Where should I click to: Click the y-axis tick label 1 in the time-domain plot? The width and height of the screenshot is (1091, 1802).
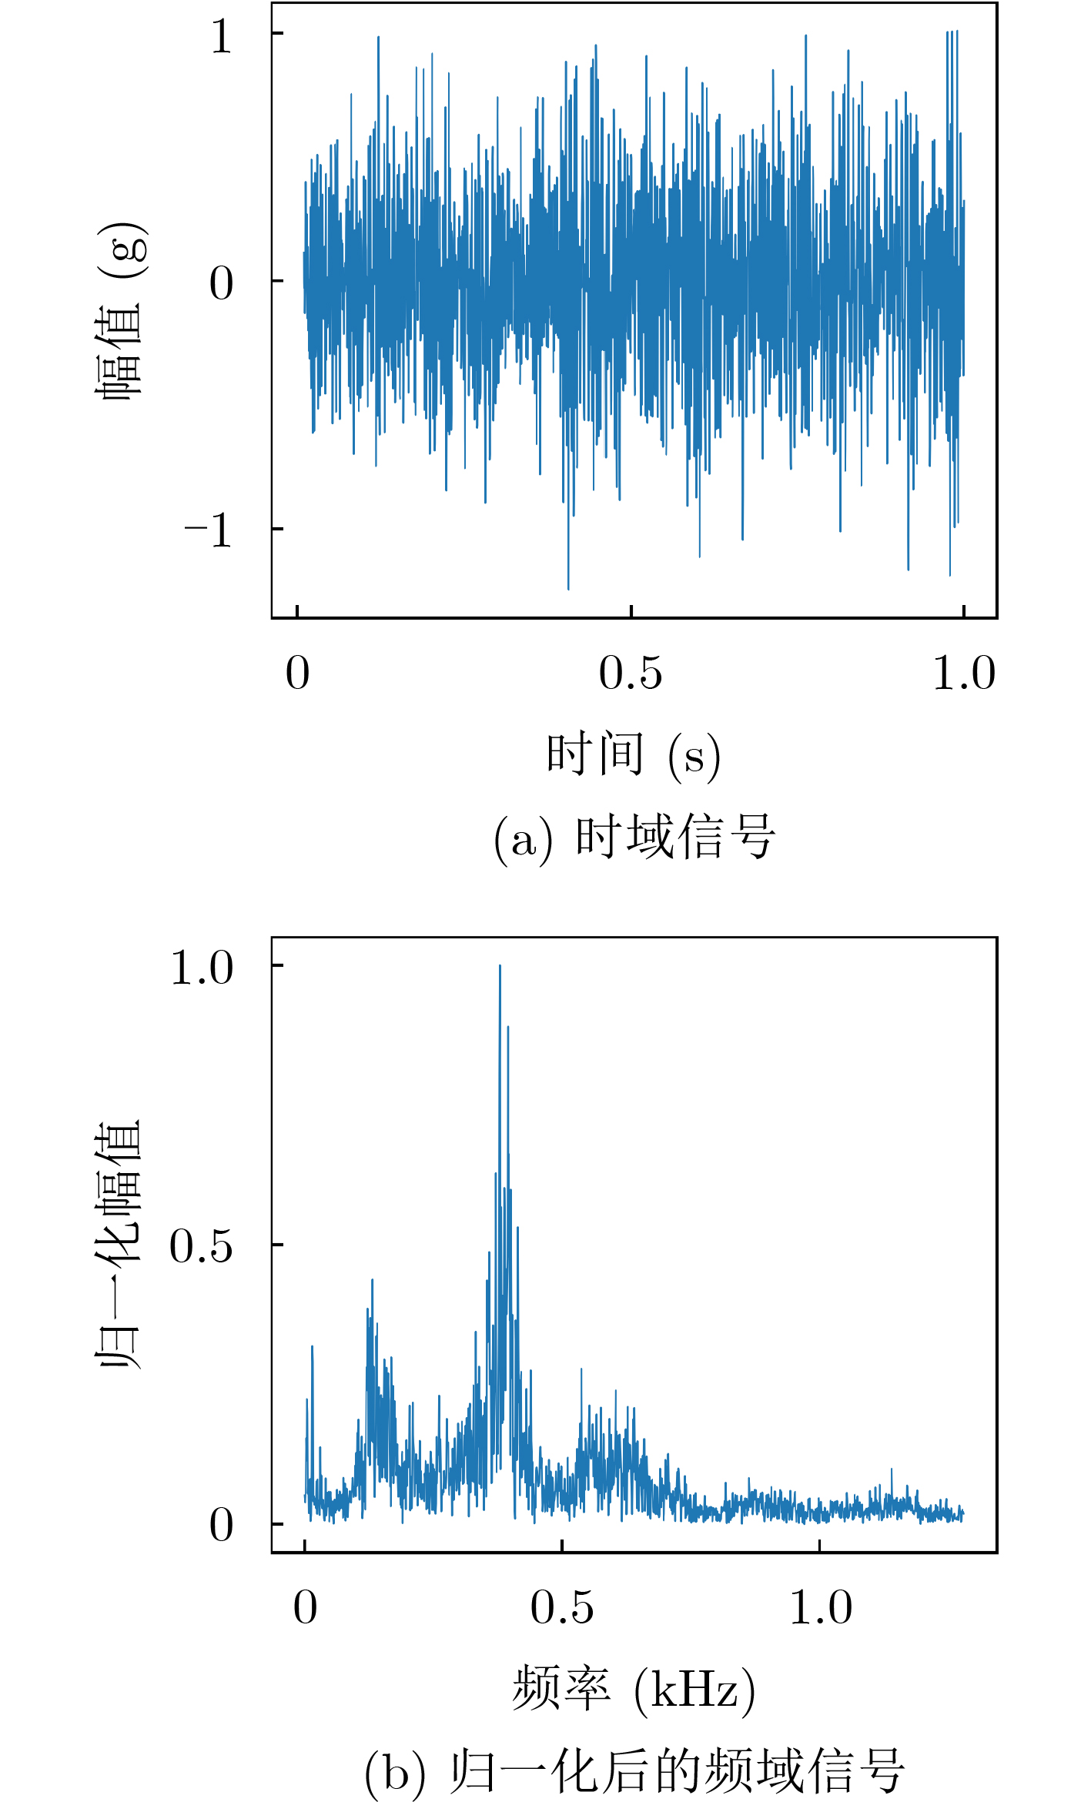click(221, 35)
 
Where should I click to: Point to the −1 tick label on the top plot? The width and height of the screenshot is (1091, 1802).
click(209, 530)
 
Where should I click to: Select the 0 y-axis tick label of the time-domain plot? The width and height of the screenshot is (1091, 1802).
click(221, 283)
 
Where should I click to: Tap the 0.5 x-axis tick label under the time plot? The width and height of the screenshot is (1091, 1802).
click(630, 674)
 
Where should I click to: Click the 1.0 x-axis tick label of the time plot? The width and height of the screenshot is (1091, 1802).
click(963, 674)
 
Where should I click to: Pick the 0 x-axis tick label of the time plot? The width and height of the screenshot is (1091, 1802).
click(297, 674)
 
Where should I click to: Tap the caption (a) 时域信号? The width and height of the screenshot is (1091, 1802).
click(633, 837)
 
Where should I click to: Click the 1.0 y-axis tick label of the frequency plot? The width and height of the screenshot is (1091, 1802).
click(201, 968)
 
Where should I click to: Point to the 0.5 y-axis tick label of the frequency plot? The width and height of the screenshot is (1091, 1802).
click(201, 1246)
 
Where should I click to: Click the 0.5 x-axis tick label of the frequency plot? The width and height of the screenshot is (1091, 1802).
click(561, 1608)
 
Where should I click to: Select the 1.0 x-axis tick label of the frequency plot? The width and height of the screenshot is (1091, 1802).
click(821, 1608)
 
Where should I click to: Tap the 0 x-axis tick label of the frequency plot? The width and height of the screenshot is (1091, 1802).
click(305, 1608)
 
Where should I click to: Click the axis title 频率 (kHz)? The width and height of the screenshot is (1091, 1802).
click(633, 1690)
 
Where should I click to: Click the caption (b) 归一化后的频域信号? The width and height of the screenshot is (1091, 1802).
click(633, 1771)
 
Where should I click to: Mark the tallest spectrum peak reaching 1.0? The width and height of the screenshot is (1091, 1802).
click(500, 967)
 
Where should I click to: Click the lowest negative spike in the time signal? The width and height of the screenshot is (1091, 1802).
click(568, 587)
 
